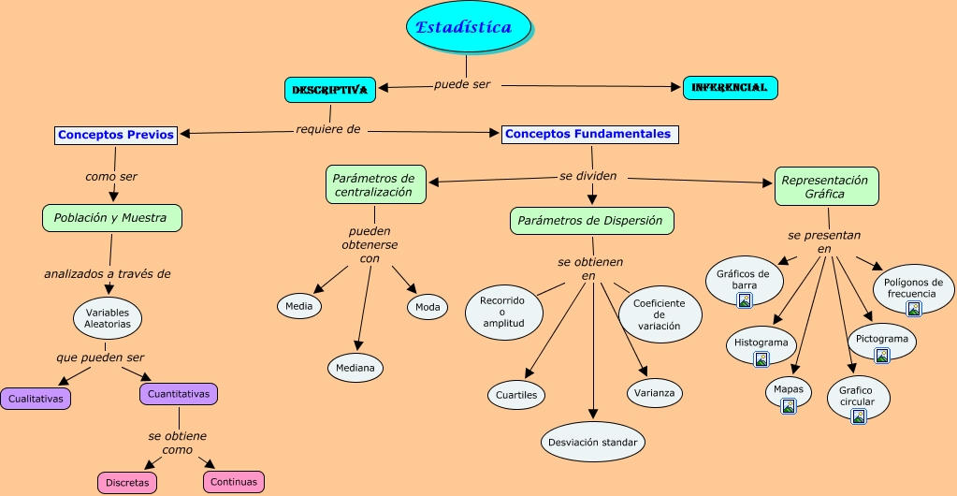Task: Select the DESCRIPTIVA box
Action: click(x=329, y=90)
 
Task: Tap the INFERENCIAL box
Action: click(x=730, y=88)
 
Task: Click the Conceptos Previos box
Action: click(x=116, y=135)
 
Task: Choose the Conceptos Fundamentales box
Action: click(x=588, y=134)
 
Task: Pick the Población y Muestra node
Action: click(x=110, y=218)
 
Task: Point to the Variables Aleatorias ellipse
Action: click(x=108, y=317)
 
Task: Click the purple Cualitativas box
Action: click(x=36, y=398)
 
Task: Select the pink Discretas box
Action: click(x=127, y=483)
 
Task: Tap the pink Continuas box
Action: click(x=233, y=482)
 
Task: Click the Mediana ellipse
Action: click(x=355, y=368)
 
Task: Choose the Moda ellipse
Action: click(x=428, y=306)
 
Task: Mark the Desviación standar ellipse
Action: click(x=593, y=442)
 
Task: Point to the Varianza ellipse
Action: click(x=655, y=393)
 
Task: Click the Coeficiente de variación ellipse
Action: click(x=660, y=314)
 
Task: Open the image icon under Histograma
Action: click(x=761, y=358)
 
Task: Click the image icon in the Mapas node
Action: click(x=789, y=405)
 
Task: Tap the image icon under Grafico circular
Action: click(x=858, y=416)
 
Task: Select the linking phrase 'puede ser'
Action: click(x=462, y=84)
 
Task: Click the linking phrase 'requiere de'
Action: click(x=327, y=130)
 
